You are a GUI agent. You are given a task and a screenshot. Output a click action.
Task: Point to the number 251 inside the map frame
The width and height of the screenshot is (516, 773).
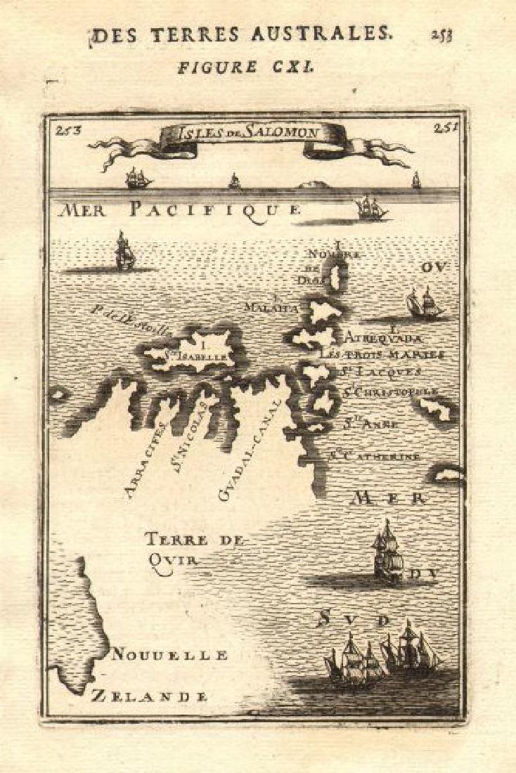pos(444,127)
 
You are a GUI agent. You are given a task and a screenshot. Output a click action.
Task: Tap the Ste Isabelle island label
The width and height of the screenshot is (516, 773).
pos(199,355)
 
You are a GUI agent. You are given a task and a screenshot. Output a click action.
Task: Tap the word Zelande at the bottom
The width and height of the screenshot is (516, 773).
pos(149,696)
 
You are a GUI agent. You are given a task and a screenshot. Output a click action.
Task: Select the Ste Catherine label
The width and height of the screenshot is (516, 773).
pos(374,455)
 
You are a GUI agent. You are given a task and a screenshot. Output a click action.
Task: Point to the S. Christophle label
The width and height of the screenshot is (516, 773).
pos(390,391)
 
